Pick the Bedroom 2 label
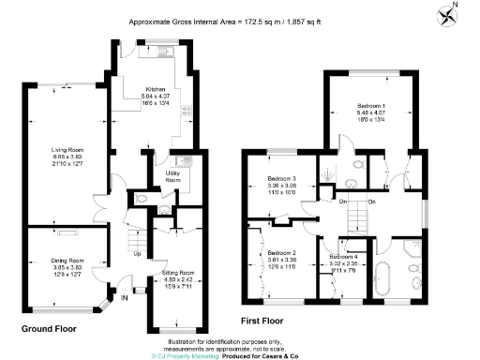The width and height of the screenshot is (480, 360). [281, 253]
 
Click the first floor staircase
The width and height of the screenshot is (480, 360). [355, 219]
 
